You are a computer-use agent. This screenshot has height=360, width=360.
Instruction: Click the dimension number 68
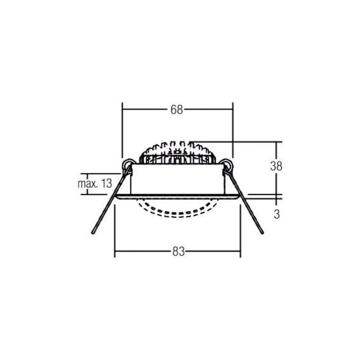(177, 110)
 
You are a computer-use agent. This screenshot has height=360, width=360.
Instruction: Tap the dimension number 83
(178, 252)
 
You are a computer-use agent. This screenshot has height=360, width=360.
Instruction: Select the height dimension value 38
(276, 166)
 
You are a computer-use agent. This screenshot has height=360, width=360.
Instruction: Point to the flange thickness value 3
(276, 214)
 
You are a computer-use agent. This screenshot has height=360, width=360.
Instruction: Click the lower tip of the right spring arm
(262, 232)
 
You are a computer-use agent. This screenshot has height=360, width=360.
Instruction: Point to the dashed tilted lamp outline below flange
(178, 211)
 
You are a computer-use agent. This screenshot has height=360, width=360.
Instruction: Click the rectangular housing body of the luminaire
(177, 179)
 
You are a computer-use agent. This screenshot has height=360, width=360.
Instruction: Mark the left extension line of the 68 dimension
(123, 130)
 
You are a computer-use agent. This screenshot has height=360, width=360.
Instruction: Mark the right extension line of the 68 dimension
(233, 130)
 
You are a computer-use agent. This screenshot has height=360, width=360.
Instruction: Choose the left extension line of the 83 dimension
(115, 230)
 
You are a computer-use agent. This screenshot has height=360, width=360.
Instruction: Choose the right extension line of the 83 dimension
(240, 230)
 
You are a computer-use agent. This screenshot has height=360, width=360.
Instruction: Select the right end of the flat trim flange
(239, 196)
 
